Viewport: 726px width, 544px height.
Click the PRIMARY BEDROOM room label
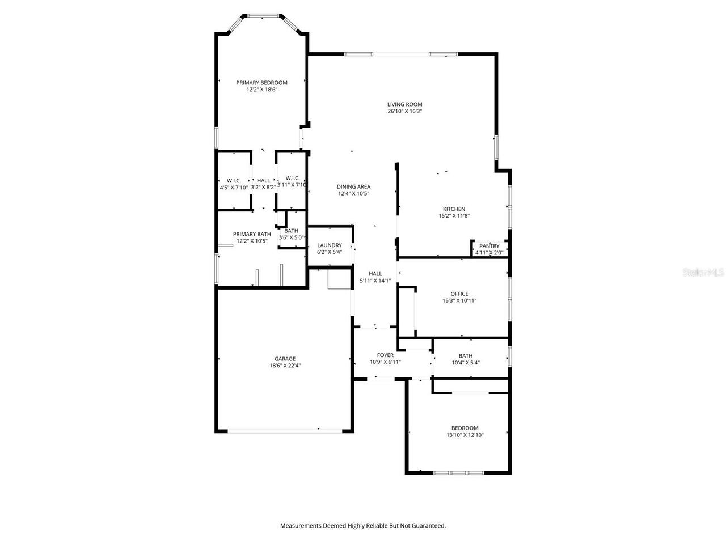click(261, 83)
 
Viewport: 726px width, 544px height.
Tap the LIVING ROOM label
click(404, 104)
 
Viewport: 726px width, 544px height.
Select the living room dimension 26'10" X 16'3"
click(404, 112)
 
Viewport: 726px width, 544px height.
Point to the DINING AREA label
click(353, 186)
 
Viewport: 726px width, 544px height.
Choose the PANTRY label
click(489, 246)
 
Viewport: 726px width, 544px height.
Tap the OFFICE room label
click(459, 294)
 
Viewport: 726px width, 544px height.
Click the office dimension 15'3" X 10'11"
click(459, 301)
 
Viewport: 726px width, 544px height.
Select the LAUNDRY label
click(330, 245)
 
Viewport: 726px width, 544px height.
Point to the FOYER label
click(385, 355)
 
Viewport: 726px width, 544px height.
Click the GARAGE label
click(285, 359)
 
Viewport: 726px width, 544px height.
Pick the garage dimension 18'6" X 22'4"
click(285, 366)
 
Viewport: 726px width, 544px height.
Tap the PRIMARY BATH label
click(252, 234)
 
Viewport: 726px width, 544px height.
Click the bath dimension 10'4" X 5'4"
click(466, 363)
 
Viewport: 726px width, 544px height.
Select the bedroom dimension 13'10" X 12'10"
click(465, 435)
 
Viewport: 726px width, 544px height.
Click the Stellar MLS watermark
click(703, 273)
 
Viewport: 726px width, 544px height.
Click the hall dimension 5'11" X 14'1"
click(375, 280)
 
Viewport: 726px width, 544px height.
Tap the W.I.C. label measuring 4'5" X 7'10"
click(234, 180)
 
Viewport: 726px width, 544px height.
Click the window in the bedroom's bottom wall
click(459, 473)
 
